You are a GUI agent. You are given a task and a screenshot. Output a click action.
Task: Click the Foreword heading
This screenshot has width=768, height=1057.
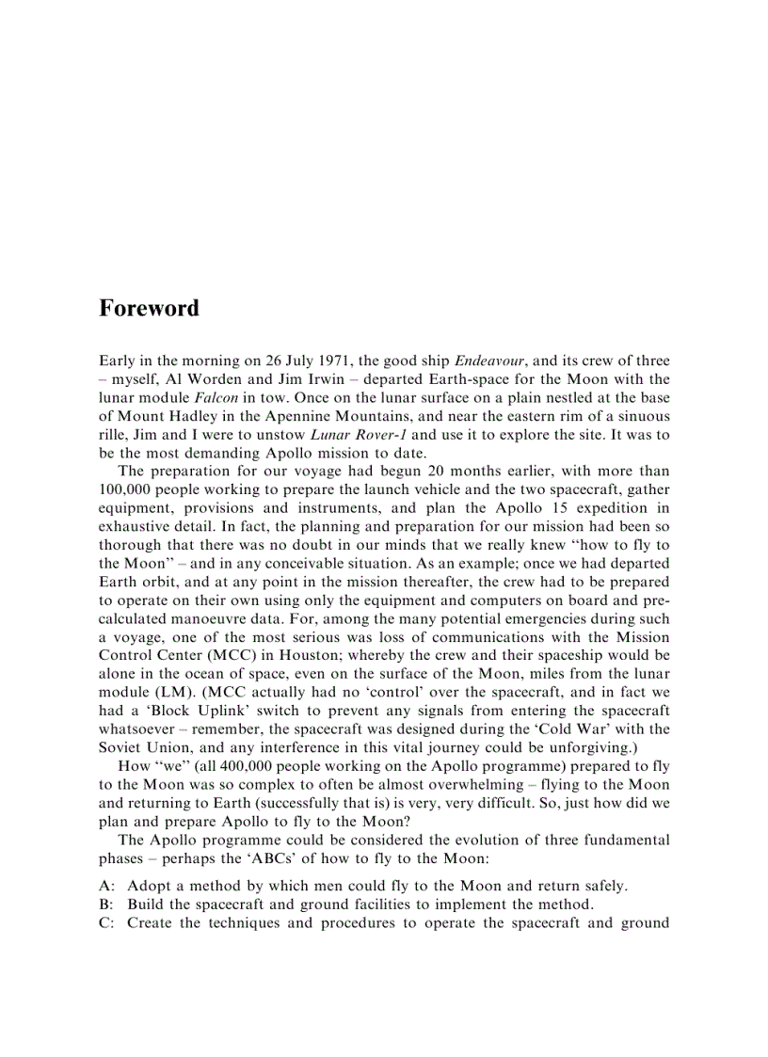coord(149,309)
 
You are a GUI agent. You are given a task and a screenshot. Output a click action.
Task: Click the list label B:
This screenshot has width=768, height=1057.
coord(106,905)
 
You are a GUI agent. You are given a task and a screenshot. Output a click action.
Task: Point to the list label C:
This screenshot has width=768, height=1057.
coord(106,923)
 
